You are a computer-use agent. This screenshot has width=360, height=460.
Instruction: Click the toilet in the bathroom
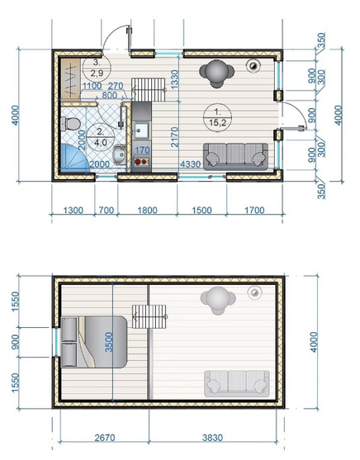point(70,124)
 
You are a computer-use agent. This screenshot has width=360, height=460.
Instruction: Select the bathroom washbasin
point(120,154)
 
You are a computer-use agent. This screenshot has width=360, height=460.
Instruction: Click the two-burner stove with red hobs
point(142,161)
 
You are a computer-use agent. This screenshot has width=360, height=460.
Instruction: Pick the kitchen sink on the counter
point(141,130)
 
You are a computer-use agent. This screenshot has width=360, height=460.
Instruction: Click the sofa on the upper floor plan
point(235,156)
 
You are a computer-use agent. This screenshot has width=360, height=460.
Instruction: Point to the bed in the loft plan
point(94,341)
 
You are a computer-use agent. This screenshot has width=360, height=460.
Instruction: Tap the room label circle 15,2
point(217,117)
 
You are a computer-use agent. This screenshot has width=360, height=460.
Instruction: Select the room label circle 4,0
point(101,137)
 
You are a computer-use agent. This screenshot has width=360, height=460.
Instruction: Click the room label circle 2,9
point(97,68)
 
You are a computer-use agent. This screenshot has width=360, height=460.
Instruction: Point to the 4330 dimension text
point(191,164)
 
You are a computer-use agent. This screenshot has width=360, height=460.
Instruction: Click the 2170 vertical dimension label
point(174,137)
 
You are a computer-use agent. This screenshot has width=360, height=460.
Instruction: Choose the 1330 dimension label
point(174,79)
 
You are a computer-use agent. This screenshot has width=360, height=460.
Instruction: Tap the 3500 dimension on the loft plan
point(109,342)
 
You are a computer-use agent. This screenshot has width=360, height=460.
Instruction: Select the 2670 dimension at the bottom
point(105,438)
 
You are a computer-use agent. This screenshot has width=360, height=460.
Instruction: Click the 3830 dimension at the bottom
point(212,438)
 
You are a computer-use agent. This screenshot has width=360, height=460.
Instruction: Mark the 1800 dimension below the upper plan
point(147,211)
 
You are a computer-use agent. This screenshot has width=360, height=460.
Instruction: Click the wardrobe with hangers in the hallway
point(70,78)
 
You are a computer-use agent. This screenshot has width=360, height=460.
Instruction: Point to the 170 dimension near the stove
point(142,150)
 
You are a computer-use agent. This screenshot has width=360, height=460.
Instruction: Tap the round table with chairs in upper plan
point(217,73)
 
